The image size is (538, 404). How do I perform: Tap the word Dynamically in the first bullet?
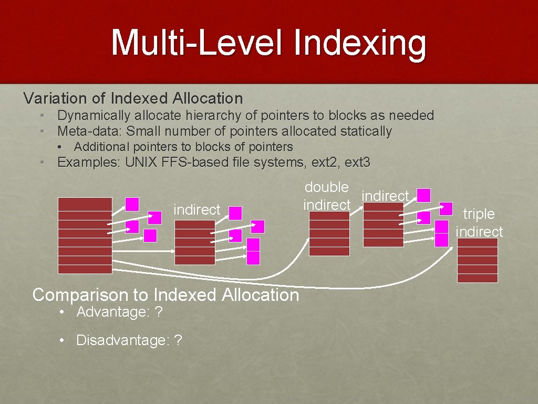[x=94, y=115]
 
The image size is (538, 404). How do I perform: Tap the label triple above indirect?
[x=479, y=214]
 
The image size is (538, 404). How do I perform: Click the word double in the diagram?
[x=327, y=187]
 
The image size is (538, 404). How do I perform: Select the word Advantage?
[x=111, y=312]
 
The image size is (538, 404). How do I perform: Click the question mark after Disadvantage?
[x=178, y=340]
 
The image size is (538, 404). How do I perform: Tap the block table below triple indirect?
[x=478, y=260]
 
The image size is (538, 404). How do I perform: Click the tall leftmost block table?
[x=85, y=235]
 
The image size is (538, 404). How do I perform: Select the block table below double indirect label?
[x=329, y=234]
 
